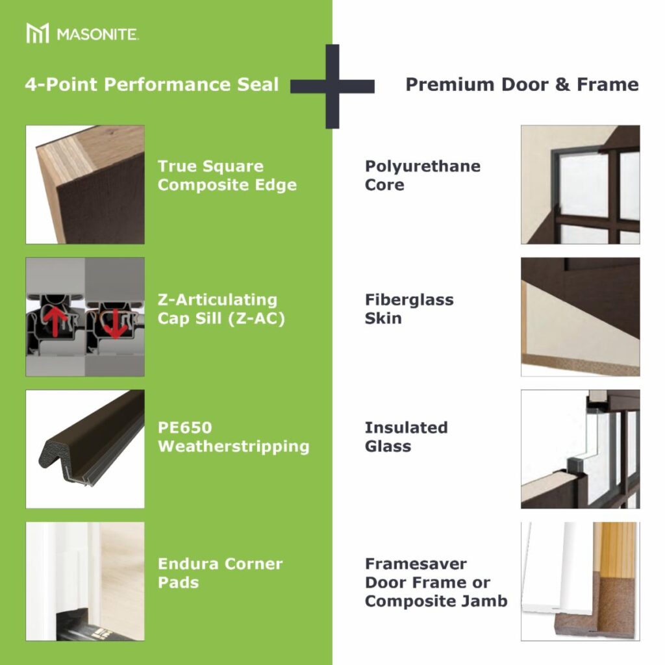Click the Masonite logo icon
tap(38, 33)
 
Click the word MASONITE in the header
tap(97, 34)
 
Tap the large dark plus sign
tap(332, 86)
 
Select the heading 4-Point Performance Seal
tap(152, 85)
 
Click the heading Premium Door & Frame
tap(522, 84)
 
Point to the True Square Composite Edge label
tap(227, 175)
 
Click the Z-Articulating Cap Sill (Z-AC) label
tap(221, 309)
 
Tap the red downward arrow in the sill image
tap(115, 321)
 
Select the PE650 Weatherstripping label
tap(233, 437)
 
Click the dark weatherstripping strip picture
tap(85, 449)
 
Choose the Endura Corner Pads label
tap(220, 573)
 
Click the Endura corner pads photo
tap(85, 581)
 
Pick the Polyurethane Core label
tap(422, 175)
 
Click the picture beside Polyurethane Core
tap(580, 184)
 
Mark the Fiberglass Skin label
tap(409, 309)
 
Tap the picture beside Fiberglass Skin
tap(580, 317)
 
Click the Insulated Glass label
tap(406, 437)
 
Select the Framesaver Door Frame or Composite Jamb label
tap(436, 583)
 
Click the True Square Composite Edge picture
tap(85, 184)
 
